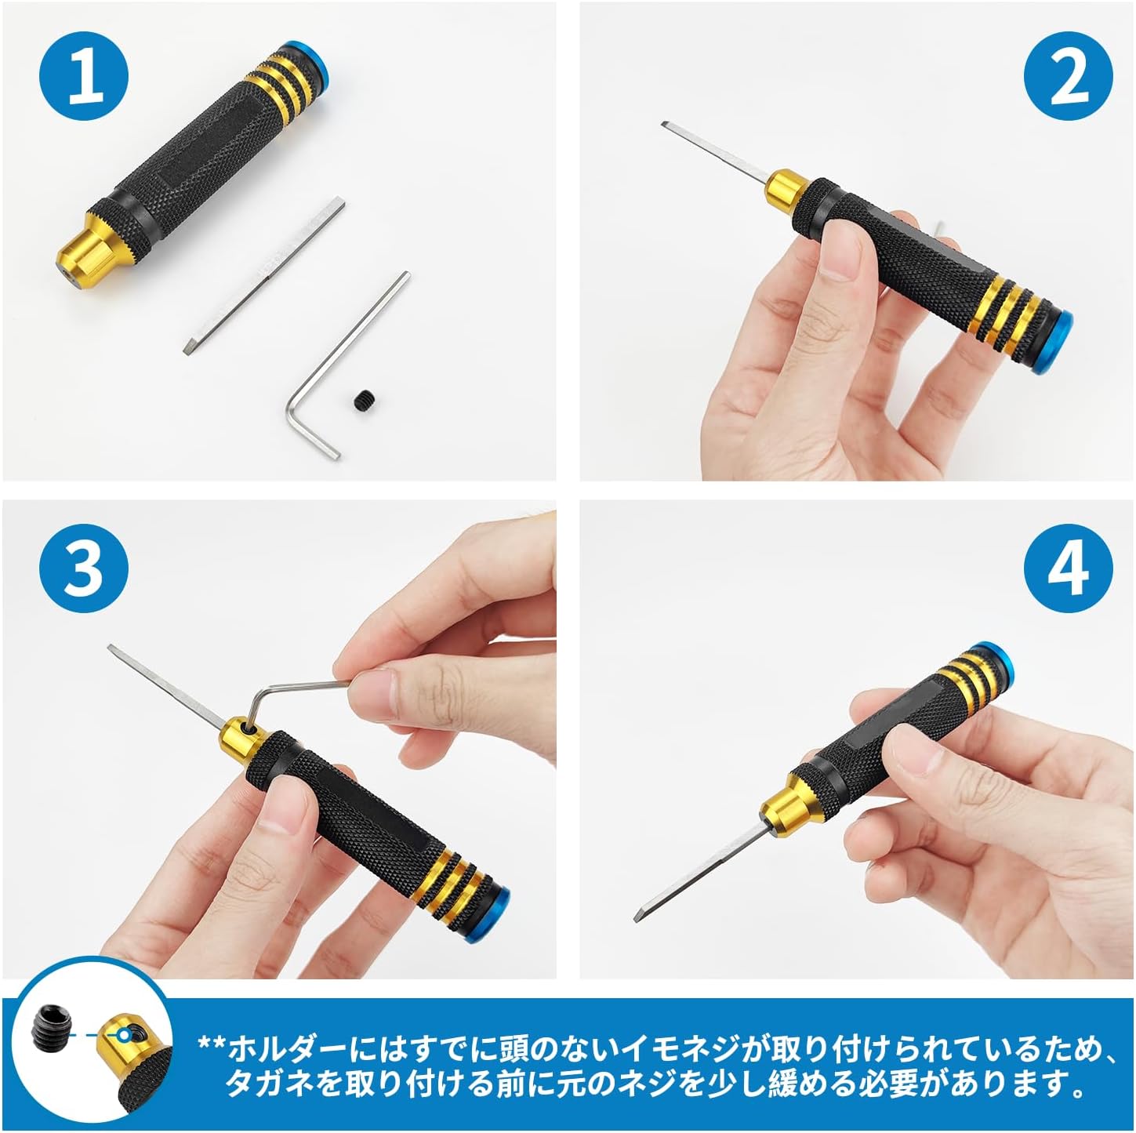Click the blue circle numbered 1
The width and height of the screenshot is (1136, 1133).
click(x=84, y=77)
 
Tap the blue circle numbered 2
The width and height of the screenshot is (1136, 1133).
click(x=1069, y=77)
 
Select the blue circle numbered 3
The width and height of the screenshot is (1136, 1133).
click(x=84, y=570)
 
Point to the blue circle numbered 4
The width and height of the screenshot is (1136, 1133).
click(x=1069, y=570)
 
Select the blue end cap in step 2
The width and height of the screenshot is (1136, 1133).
click(x=1054, y=342)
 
